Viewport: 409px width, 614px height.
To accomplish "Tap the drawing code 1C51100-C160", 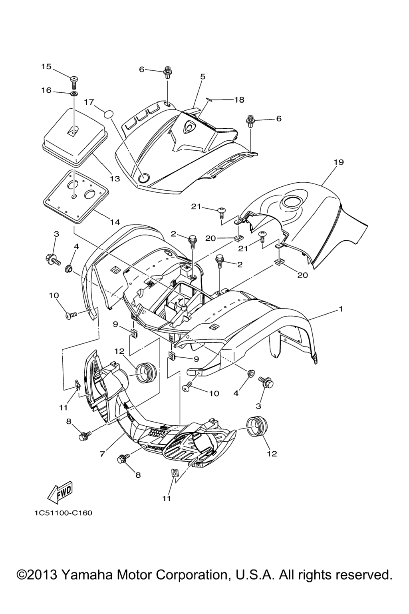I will (63, 513).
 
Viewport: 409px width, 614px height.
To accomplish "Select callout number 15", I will (47, 66).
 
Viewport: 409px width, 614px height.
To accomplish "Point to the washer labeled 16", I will (74, 94).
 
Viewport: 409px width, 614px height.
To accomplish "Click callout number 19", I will (339, 162).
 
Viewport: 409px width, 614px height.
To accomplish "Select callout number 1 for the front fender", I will (340, 309).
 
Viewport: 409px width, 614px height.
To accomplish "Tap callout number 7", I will (103, 454).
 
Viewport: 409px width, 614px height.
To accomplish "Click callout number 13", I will (115, 179).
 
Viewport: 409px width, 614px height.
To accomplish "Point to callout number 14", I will (115, 221).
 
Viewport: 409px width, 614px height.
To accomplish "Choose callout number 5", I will (203, 76).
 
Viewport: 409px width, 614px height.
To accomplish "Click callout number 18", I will (239, 100).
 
